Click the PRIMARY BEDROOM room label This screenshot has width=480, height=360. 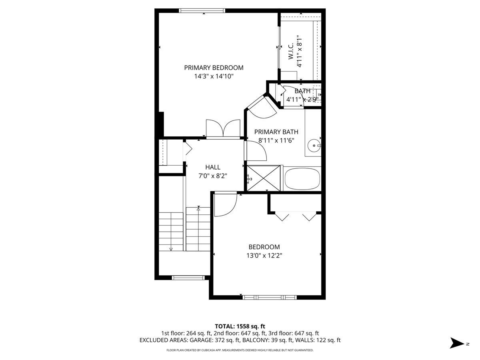coord(214,68)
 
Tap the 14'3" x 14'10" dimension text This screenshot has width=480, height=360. coord(214,76)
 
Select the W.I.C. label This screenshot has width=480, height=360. coord(291,51)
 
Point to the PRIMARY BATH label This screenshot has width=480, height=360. coord(276,132)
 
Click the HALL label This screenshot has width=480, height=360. coord(213,167)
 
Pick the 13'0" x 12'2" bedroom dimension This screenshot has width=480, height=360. coord(264,256)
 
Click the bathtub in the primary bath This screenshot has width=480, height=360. coord(302,179)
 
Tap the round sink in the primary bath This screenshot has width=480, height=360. coord(314,146)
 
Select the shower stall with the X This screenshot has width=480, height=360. coord(264,178)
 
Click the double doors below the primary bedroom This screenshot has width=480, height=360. coord(223,129)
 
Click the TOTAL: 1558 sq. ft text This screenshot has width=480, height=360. coord(240,326)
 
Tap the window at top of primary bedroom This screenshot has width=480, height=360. coord(202,10)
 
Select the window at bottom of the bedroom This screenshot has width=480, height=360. coord(270,297)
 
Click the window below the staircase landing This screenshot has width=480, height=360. coord(188,278)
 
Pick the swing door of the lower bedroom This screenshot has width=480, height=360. coord(226,204)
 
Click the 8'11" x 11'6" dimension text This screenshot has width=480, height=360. coord(276,140)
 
